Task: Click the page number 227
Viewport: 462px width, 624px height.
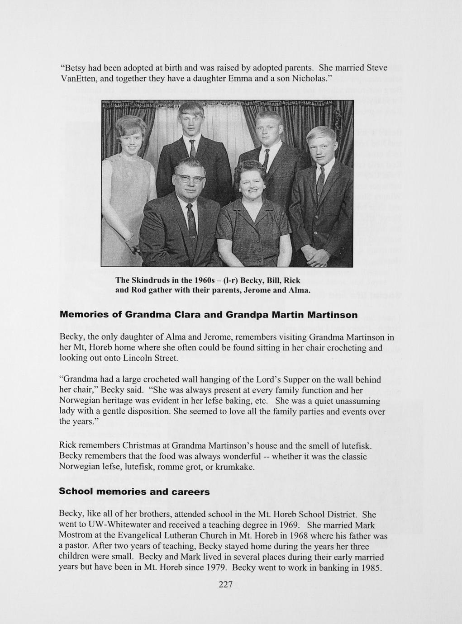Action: click(225, 585)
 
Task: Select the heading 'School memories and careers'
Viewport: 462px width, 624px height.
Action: click(134, 492)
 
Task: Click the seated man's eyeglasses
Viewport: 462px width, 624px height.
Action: click(190, 179)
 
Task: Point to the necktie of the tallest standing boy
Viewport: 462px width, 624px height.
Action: click(192, 149)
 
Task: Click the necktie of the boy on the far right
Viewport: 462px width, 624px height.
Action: click(320, 179)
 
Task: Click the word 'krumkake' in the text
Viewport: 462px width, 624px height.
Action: click(236, 467)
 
